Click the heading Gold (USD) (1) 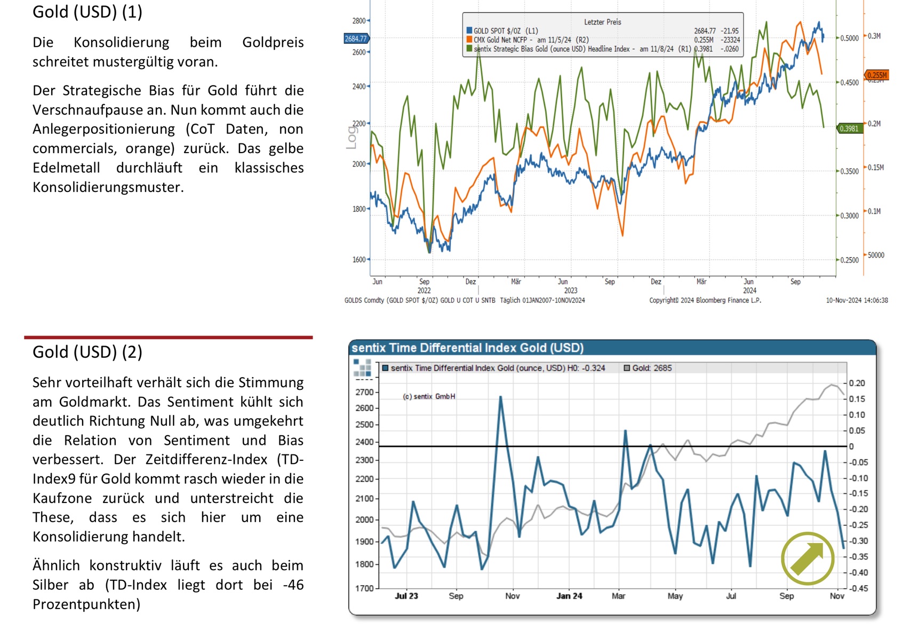(x=87, y=12)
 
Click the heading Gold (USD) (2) (x=87, y=352)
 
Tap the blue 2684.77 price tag (x=356, y=38)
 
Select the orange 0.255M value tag (x=876, y=75)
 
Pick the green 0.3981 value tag (x=849, y=129)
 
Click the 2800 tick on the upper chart (x=358, y=21)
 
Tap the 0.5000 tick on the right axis (x=849, y=38)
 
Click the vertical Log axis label (x=351, y=137)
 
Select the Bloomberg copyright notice (x=705, y=300)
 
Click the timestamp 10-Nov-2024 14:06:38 (x=857, y=300)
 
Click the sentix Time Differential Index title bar (x=467, y=348)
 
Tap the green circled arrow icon (x=807, y=558)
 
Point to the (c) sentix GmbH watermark (x=429, y=396)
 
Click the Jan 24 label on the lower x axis (x=569, y=596)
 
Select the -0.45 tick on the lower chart (x=858, y=588)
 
